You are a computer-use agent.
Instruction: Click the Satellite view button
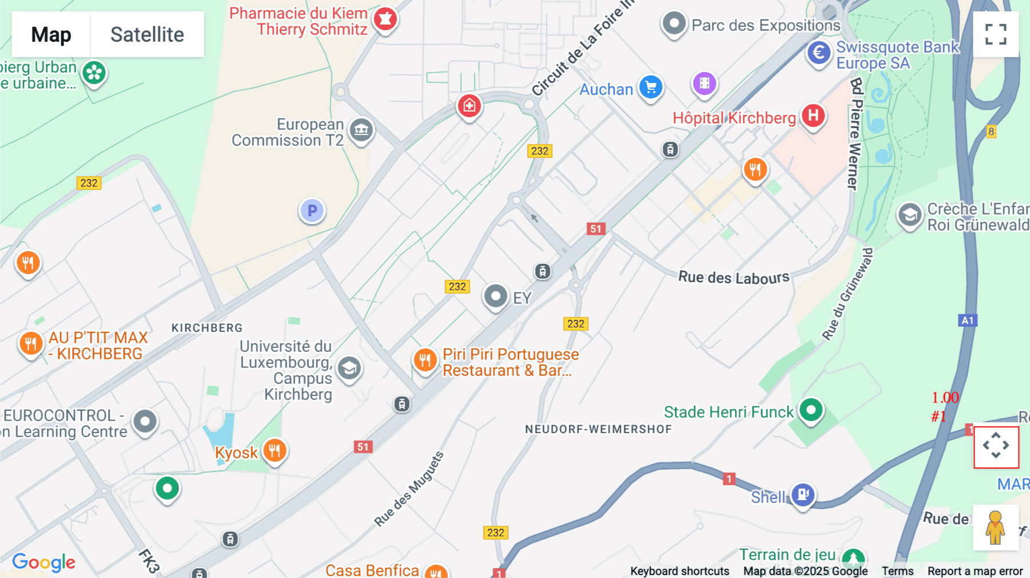point(147,34)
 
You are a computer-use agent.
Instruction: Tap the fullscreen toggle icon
point(996,34)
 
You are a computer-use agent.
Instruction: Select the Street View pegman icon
point(996,528)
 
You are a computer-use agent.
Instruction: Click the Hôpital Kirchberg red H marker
point(813,116)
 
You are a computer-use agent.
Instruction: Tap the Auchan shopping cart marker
point(651,88)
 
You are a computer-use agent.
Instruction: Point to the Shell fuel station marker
point(802,494)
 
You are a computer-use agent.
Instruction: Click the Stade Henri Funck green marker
point(811,410)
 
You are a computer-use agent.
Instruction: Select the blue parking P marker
point(312,211)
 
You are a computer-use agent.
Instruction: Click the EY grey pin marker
point(496,296)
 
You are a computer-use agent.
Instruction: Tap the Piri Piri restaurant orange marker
point(425,361)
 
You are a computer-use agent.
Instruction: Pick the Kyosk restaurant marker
point(275,450)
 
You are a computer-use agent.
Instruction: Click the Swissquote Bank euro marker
point(819,53)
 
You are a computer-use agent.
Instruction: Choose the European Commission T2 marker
point(361,130)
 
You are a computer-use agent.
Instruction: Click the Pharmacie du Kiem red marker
point(385,19)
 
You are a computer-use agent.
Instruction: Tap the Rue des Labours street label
point(734,278)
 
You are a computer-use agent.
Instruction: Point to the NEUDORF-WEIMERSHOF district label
point(598,429)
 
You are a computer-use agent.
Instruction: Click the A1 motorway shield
point(967,320)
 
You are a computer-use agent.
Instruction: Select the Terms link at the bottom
point(897,571)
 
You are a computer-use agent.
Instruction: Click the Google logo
point(43,563)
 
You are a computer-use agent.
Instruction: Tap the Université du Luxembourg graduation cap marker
point(349,369)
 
